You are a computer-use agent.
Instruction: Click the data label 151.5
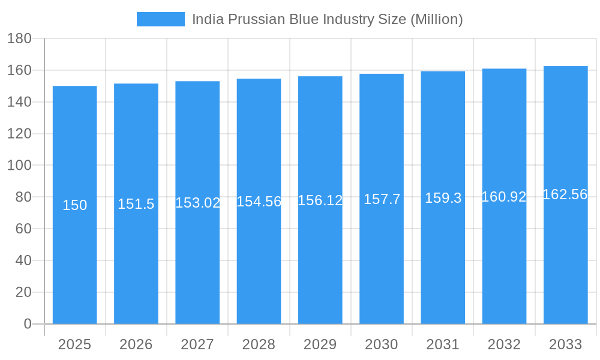pos(136,204)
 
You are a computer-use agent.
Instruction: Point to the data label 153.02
pos(197,203)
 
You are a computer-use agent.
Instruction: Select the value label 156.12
pos(320,200)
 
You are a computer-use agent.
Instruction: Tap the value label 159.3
pos(443,198)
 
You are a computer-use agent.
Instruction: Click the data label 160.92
pos(504,197)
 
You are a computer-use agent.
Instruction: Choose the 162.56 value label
pos(565,194)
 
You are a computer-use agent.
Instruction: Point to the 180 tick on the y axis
pos(19,38)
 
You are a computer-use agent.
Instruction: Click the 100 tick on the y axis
pos(19,165)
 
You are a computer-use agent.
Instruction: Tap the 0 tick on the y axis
pos(28,324)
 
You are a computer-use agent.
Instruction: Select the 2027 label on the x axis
pos(197,344)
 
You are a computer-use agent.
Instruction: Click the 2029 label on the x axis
pos(320,344)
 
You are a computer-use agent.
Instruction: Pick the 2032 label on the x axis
pos(504,344)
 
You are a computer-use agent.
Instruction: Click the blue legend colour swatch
pos(161,19)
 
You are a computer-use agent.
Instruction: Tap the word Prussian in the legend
pos(248,19)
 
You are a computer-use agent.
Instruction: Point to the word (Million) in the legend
pos(436,19)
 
